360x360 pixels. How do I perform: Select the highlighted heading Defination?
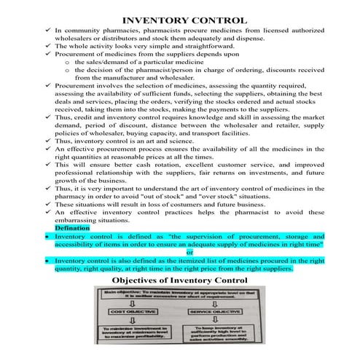[72, 228]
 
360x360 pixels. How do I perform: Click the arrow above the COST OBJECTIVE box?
[136, 304]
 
